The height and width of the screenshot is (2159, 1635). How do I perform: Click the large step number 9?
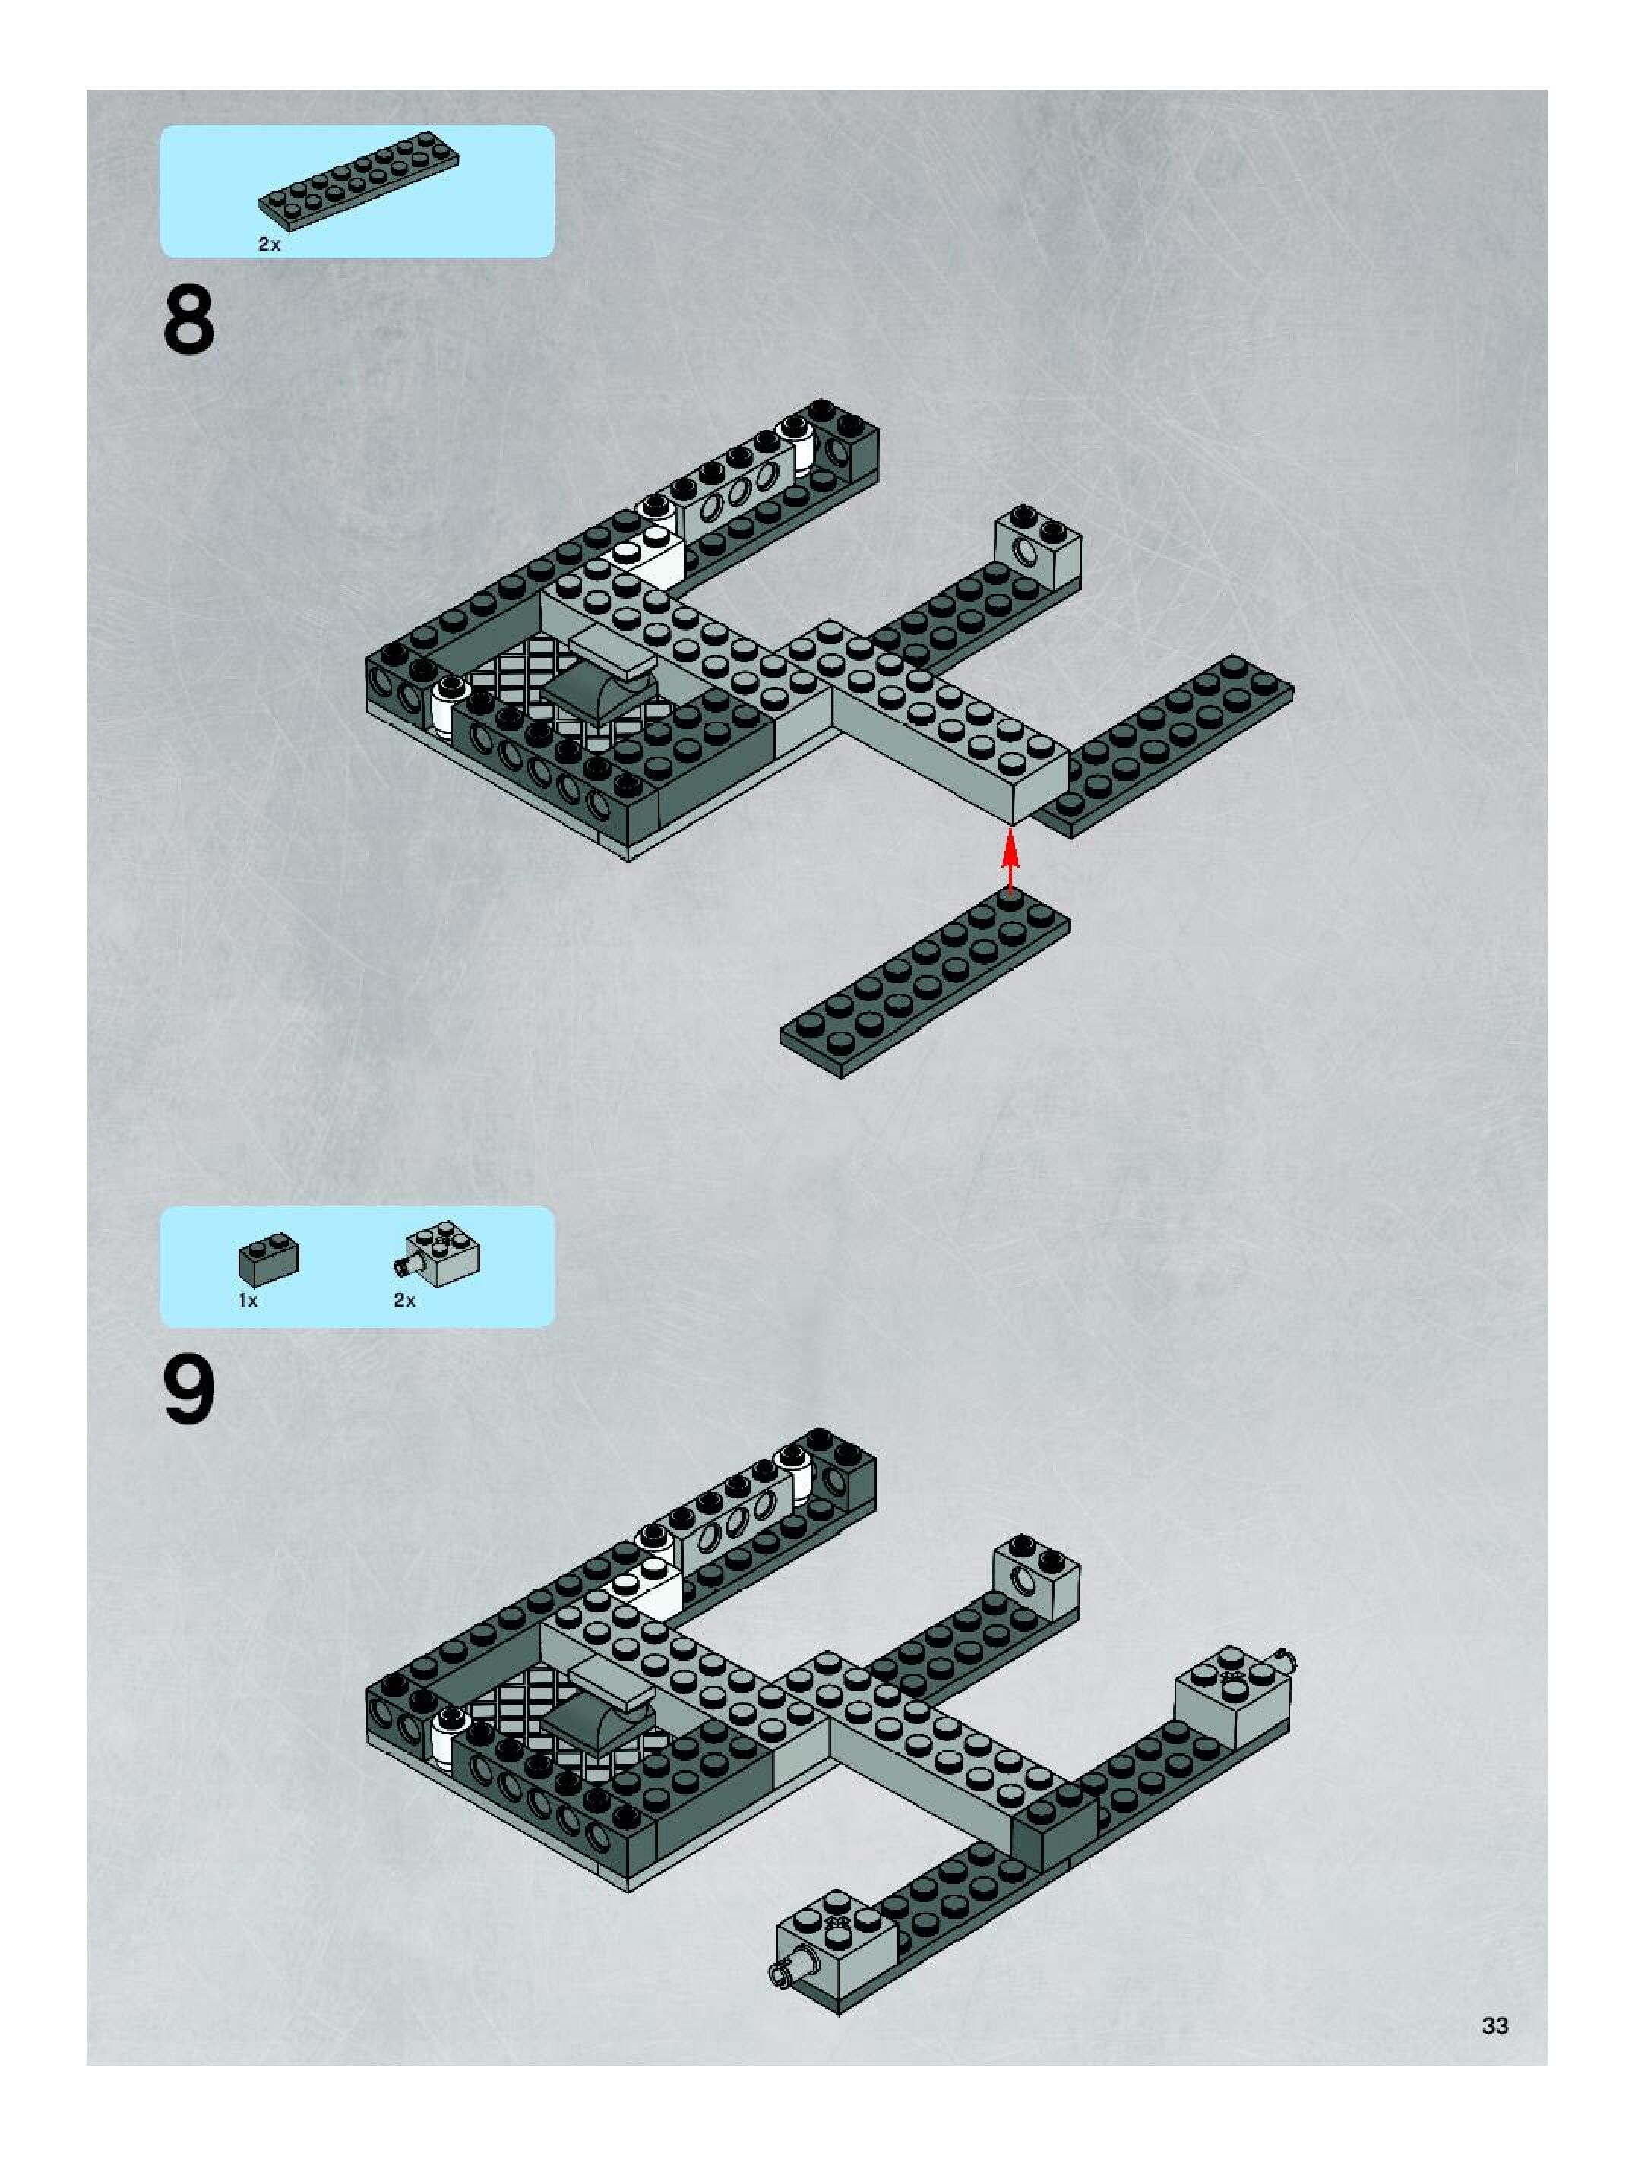(x=188, y=1392)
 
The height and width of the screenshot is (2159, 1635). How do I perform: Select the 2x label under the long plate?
(x=268, y=245)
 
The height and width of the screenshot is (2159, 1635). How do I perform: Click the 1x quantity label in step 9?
(x=248, y=1300)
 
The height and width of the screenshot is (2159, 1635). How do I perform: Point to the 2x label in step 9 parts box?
(x=404, y=1300)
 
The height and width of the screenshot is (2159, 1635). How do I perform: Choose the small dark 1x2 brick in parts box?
(x=268, y=1259)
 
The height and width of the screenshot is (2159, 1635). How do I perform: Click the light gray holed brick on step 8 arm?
(x=1036, y=548)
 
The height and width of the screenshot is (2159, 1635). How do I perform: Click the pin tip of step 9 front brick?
(x=781, y=1974)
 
